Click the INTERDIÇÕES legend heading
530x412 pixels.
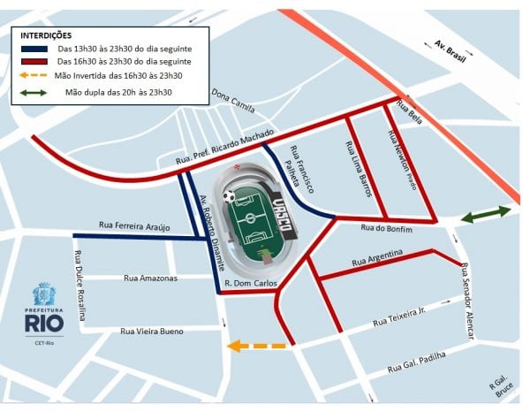[46, 34]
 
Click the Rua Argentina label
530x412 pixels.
[377, 258]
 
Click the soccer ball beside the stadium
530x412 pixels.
[230, 196]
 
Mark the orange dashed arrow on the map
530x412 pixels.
[255, 346]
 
